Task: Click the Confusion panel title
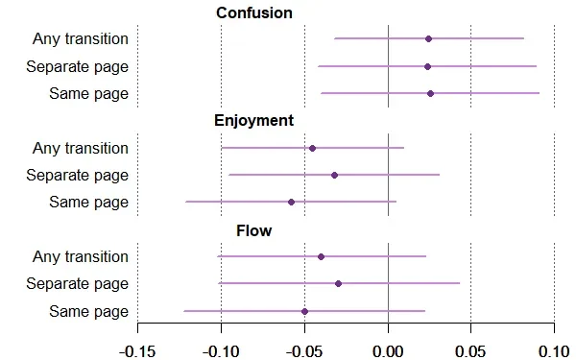[x=253, y=12]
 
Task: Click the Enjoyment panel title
[x=253, y=121]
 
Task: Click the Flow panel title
[x=253, y=230]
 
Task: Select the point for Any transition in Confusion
[x=428, y=38]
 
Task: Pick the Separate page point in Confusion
[x=427, y=66]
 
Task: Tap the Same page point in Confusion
[x=430, y=93]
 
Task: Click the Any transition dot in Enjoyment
[x=312, y=148]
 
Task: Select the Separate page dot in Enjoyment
[x=334, y=175]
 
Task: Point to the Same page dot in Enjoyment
[x=291, y=202]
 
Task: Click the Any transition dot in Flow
[x=321, y=256]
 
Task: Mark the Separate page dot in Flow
[x=338, y=283]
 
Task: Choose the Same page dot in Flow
[x=304, y=311]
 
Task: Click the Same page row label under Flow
[x=88, y=311]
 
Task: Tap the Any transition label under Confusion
[x=80, y=38]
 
